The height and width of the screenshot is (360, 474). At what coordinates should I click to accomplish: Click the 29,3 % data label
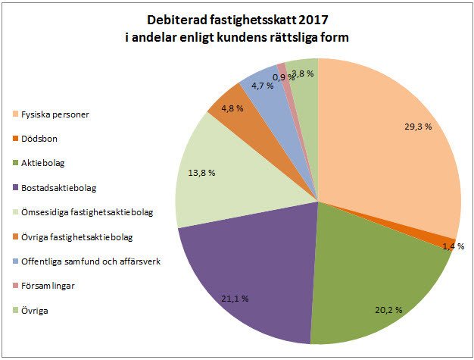click(x=417, y=127)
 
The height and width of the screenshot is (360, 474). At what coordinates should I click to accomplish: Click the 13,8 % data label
click(x=201, y=173)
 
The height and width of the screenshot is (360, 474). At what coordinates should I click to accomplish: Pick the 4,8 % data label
click(x=232, y=108)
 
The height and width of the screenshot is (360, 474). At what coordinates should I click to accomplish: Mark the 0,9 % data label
click(x=284, y=77)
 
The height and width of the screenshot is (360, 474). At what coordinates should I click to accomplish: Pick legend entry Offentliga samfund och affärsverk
click(x=90, y=262)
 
